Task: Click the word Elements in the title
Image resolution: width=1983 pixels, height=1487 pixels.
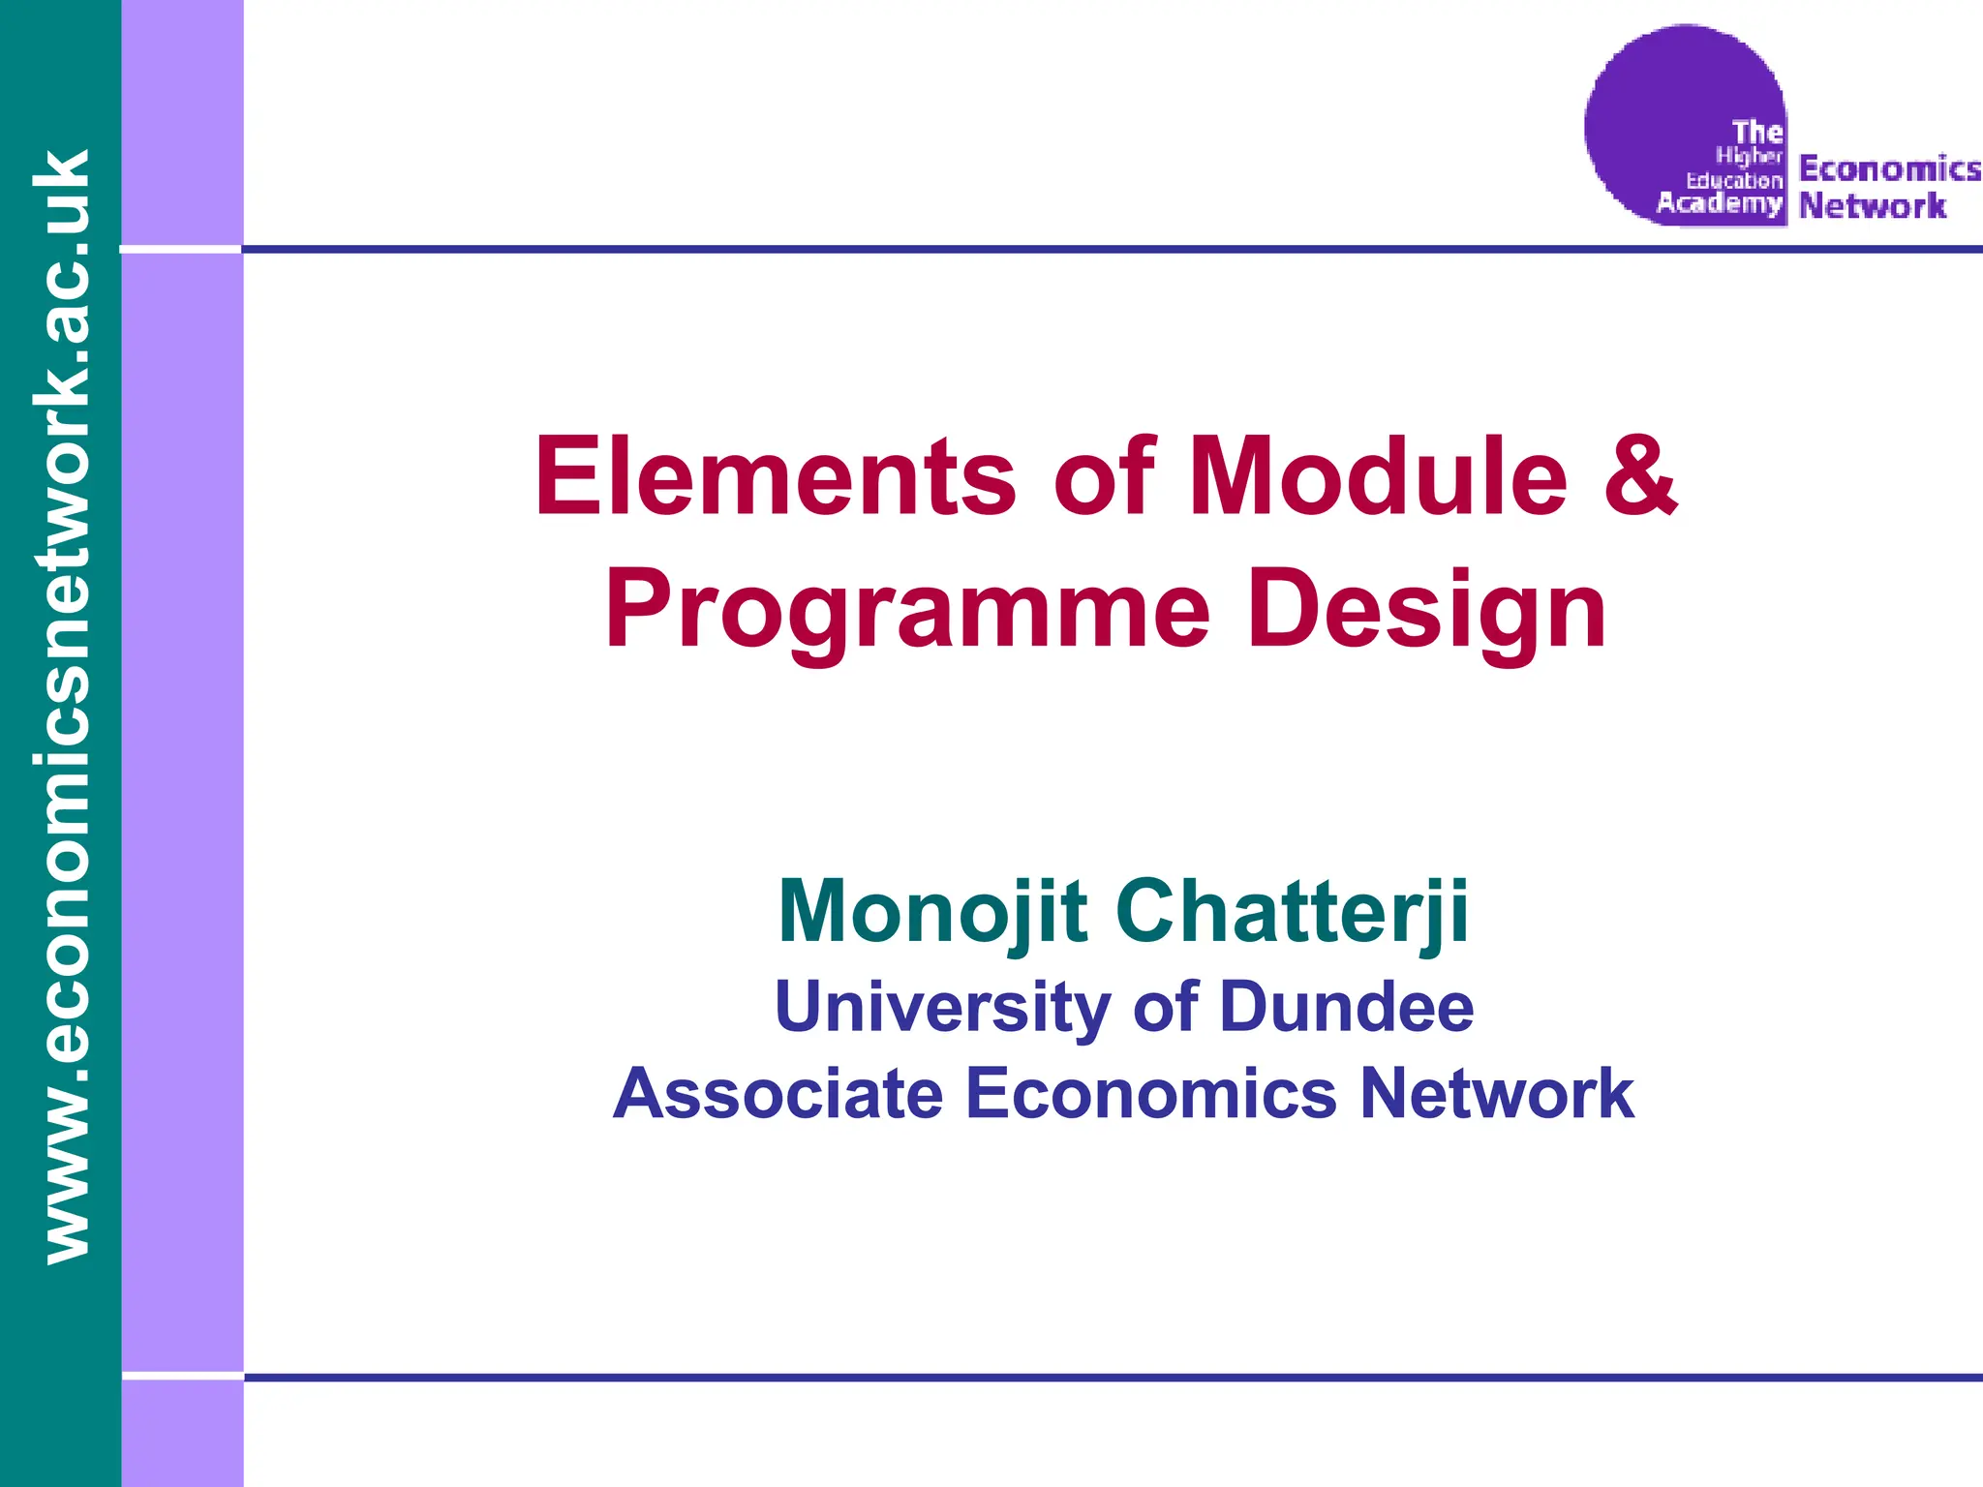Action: (x=775, y=477)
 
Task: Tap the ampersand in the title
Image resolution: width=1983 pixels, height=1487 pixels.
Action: (x=1639, y=477)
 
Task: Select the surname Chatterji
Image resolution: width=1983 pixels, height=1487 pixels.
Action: (x=1293, y=912)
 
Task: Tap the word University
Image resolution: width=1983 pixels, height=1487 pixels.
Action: (x=941, y=1008)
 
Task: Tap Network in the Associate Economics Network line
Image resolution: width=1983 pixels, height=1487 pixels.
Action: (x=1497, y=1095)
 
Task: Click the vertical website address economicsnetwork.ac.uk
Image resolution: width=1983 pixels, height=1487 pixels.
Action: (x=60, y=707)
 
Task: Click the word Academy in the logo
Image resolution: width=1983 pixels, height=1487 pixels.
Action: (x=1719, y=203)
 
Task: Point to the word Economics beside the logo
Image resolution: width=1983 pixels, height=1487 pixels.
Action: (x=1889, y=169)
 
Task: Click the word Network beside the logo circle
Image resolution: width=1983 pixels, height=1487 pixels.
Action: (x=1872, y=206)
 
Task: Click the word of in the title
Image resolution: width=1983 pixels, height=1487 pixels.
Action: (x=1104, y=477)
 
